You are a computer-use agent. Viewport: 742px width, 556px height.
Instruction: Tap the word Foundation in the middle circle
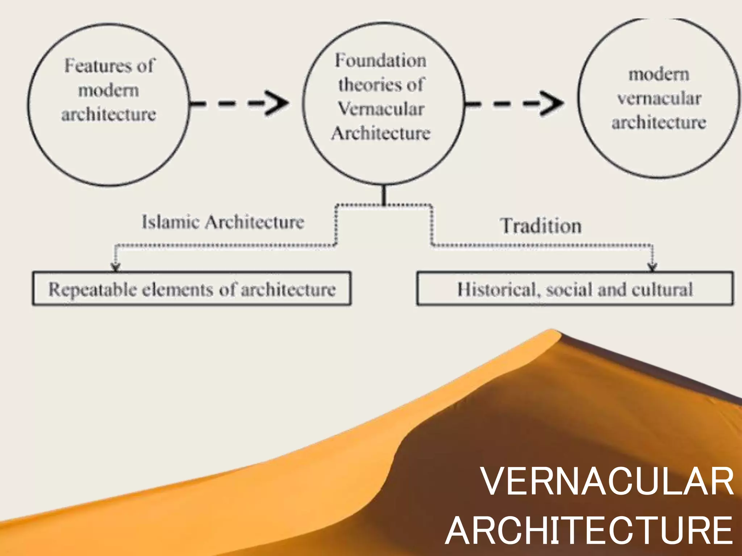pyautogui.click(x=380, y=60)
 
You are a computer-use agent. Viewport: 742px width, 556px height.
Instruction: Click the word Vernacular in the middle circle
pyautogui.click(x=381, y=109)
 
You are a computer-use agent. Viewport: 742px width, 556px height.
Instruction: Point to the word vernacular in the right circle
pyautogui.click(x=659, y=98)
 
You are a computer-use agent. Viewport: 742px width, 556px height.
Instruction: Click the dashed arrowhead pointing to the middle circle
pyautogui.click(x=277, y=103)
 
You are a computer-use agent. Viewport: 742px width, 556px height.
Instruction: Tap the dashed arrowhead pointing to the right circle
pyautogui.click(x=551, y=103)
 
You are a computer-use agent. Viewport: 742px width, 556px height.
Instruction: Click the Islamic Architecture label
pyautogui.click(x=223, y=222)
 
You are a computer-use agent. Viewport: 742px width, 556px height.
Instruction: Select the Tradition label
pyautogui.click(x=541, y=226)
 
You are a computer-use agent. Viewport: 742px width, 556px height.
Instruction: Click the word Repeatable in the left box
pyautogui.click(x=93, y=290)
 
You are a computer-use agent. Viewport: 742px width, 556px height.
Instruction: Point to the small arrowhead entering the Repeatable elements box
pyautogui.click(x=116, y=267)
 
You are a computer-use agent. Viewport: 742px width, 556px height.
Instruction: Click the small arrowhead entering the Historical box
pyautogui.click(x=653, y=267)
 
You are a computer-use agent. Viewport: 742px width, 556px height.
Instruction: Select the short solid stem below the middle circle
pyautogui.click(x=384, y=195)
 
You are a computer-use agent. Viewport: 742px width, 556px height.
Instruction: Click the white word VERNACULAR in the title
pyautogui.click(x=607, y=481)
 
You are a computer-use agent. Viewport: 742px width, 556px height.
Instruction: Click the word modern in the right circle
pyautogui.click(x=659, y=74)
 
